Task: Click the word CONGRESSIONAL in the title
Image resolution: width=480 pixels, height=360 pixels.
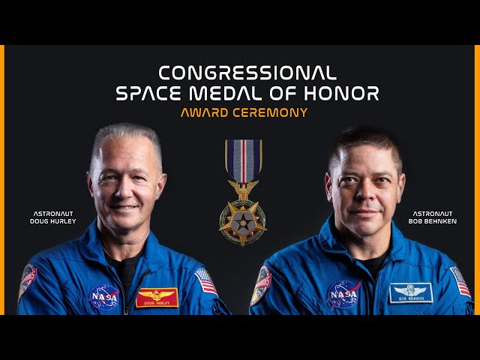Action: pyautogui.click(x=247, y=73)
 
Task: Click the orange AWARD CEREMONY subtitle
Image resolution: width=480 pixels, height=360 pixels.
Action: pyautogui.click(x=244, y=112)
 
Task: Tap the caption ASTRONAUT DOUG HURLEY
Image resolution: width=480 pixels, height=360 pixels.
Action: pyautogui.click(x=52, y=217)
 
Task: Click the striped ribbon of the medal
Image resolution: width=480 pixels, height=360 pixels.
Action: pyautogui.click(x=244, y=160)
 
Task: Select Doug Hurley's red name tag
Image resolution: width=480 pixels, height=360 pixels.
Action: pyautogui.click(x=157, y=297)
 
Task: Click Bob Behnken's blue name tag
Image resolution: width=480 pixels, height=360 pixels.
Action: pyautogui.click(x=410, y=292)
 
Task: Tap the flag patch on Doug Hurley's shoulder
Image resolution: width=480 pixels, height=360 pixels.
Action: pyautogui.click(x=205, y=281)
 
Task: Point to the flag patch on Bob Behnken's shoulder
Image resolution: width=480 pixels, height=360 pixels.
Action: pyautogui.click(x=460, y=282)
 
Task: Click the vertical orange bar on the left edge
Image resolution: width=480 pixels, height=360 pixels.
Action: pyautogui.click(x=2, y=180)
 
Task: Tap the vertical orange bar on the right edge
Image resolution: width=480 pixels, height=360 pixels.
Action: pyautogui.click(x=477, y=180)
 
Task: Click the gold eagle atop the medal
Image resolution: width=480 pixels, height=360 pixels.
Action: pyautogui.click(x=243, y=189)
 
